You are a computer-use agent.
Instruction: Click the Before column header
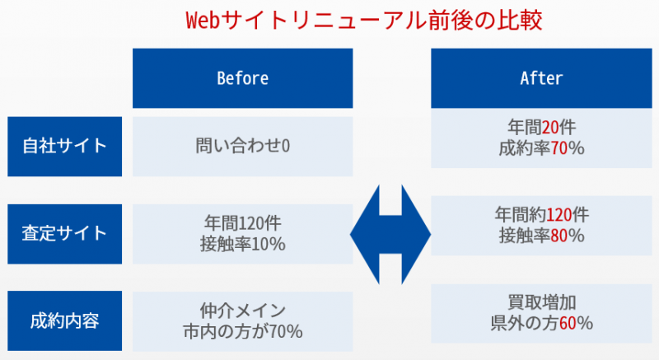[x=242, y=78]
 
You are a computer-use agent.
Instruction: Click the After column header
[x=541, y=78]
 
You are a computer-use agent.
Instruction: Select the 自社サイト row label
[x=65, y=146]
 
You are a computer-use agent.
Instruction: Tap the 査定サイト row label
[x=65, y=234]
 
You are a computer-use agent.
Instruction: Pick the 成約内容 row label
[x=65, y=321]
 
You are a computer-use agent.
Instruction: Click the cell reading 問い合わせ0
[x=242, y=146]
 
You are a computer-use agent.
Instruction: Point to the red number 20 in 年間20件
[x=550, y=127]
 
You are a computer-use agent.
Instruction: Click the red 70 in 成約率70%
[x=559, y=148]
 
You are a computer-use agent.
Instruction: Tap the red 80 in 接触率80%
[x=559, y=236]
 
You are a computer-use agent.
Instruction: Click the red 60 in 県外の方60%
[x=568, y=323]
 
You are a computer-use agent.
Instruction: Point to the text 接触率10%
[x=242, y=244]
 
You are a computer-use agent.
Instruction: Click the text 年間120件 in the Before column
[x=242, y=223]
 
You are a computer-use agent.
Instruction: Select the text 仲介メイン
[x=242, y=311]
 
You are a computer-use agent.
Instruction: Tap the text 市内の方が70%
[x=242, y=331]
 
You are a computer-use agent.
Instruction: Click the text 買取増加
[x=541, y=302]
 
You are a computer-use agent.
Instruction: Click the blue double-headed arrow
[x=390, y=235]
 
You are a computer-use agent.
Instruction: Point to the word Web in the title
[x=203, y=20]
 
